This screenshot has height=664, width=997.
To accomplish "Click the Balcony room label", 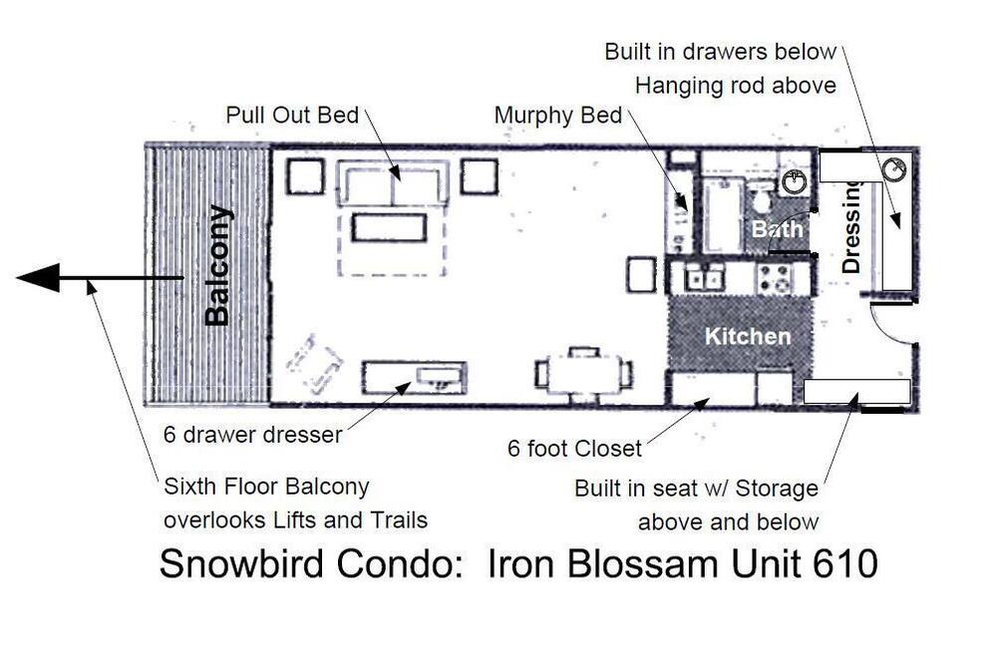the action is tap(217, 265).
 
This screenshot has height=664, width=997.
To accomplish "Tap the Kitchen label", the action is tap(748, 336).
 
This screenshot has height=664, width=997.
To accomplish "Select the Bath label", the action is tap(777, 228).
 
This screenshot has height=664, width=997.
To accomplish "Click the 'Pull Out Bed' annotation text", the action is tap(292, 115).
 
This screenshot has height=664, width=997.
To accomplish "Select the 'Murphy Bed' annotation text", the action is tap(557, 115).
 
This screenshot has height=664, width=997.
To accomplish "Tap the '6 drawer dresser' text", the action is tap(252, 435).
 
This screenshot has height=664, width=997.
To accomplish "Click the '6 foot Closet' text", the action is tap(574, 449).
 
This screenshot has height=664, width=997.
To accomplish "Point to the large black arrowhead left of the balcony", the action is tap(38, 278).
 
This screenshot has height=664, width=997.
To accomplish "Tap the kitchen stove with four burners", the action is tap(775, 278).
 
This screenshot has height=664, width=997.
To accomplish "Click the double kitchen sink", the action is tap(704, 278).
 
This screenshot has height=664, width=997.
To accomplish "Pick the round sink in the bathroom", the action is tap(795, 181).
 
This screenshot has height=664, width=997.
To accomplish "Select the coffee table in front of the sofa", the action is tap(389, 227).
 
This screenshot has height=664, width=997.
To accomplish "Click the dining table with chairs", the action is tap(583, 374).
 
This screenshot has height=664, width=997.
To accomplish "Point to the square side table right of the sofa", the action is tap(479, 176).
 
